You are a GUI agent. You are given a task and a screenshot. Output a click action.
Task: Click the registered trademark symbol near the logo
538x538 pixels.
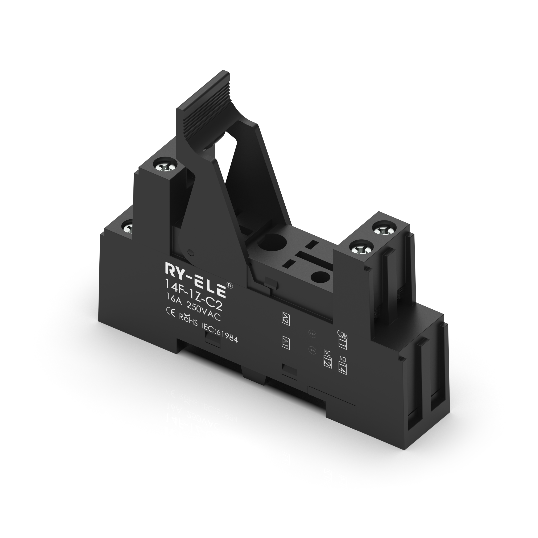(x=230, y=285)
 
